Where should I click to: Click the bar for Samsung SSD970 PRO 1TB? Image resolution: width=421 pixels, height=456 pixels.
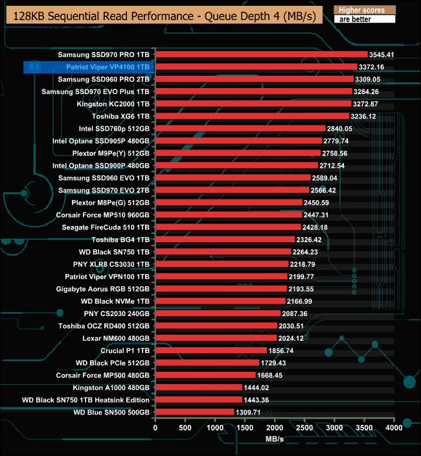[262, 54]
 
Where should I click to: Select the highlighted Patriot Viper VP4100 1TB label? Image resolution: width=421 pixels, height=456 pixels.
[108, 67]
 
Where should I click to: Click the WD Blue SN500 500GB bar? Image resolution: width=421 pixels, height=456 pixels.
[194, 412]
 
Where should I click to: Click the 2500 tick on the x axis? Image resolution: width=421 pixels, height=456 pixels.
[305, 428]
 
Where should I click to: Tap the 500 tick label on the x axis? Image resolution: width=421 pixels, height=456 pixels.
[185, 428]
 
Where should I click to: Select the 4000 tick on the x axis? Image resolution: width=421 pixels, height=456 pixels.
[394, 428]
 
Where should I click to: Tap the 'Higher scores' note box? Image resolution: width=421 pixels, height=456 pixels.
[363, 10]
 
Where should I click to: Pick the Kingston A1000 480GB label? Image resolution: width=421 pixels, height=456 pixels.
[111, 387]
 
